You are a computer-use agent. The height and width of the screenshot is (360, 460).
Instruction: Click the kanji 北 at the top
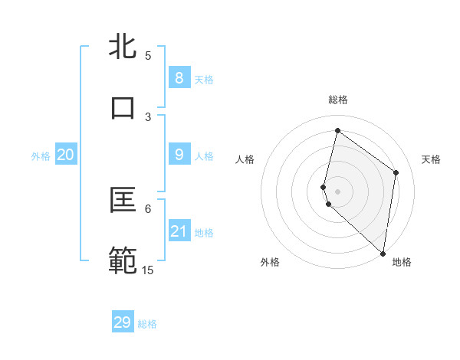(123, 47)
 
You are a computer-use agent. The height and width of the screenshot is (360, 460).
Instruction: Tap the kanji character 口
(123, 107)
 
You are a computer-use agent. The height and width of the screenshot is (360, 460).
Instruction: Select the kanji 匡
(123, 201)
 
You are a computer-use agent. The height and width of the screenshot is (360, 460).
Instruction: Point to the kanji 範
(123, 261)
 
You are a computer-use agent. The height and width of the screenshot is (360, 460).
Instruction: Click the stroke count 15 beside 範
(147, 270)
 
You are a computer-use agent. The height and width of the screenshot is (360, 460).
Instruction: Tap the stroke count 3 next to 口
(148, 116)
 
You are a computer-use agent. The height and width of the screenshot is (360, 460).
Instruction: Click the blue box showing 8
(179, 77)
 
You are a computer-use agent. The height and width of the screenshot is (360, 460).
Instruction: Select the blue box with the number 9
(179, 155)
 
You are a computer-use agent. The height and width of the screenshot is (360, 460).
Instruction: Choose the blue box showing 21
(179, 231)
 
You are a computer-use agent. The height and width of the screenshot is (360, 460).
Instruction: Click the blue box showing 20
(65, 155)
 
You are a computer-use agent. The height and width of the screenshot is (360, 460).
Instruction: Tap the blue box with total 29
(123, 322)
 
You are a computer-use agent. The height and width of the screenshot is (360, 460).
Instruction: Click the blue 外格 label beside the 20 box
(41, 156)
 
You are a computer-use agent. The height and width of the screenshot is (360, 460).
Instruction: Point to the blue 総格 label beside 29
(148, 324)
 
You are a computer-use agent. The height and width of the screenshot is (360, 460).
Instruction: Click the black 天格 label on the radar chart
(431, 159)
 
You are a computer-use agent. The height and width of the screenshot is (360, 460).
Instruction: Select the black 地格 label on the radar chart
(402, 262)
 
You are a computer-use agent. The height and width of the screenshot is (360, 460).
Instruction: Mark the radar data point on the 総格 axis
(337, 131)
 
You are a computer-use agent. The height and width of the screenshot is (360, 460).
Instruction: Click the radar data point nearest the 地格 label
(383, 254)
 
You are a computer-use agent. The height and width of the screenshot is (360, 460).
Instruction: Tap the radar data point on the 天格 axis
(396, 172)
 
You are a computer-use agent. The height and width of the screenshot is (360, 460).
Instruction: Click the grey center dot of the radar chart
(337, 191)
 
